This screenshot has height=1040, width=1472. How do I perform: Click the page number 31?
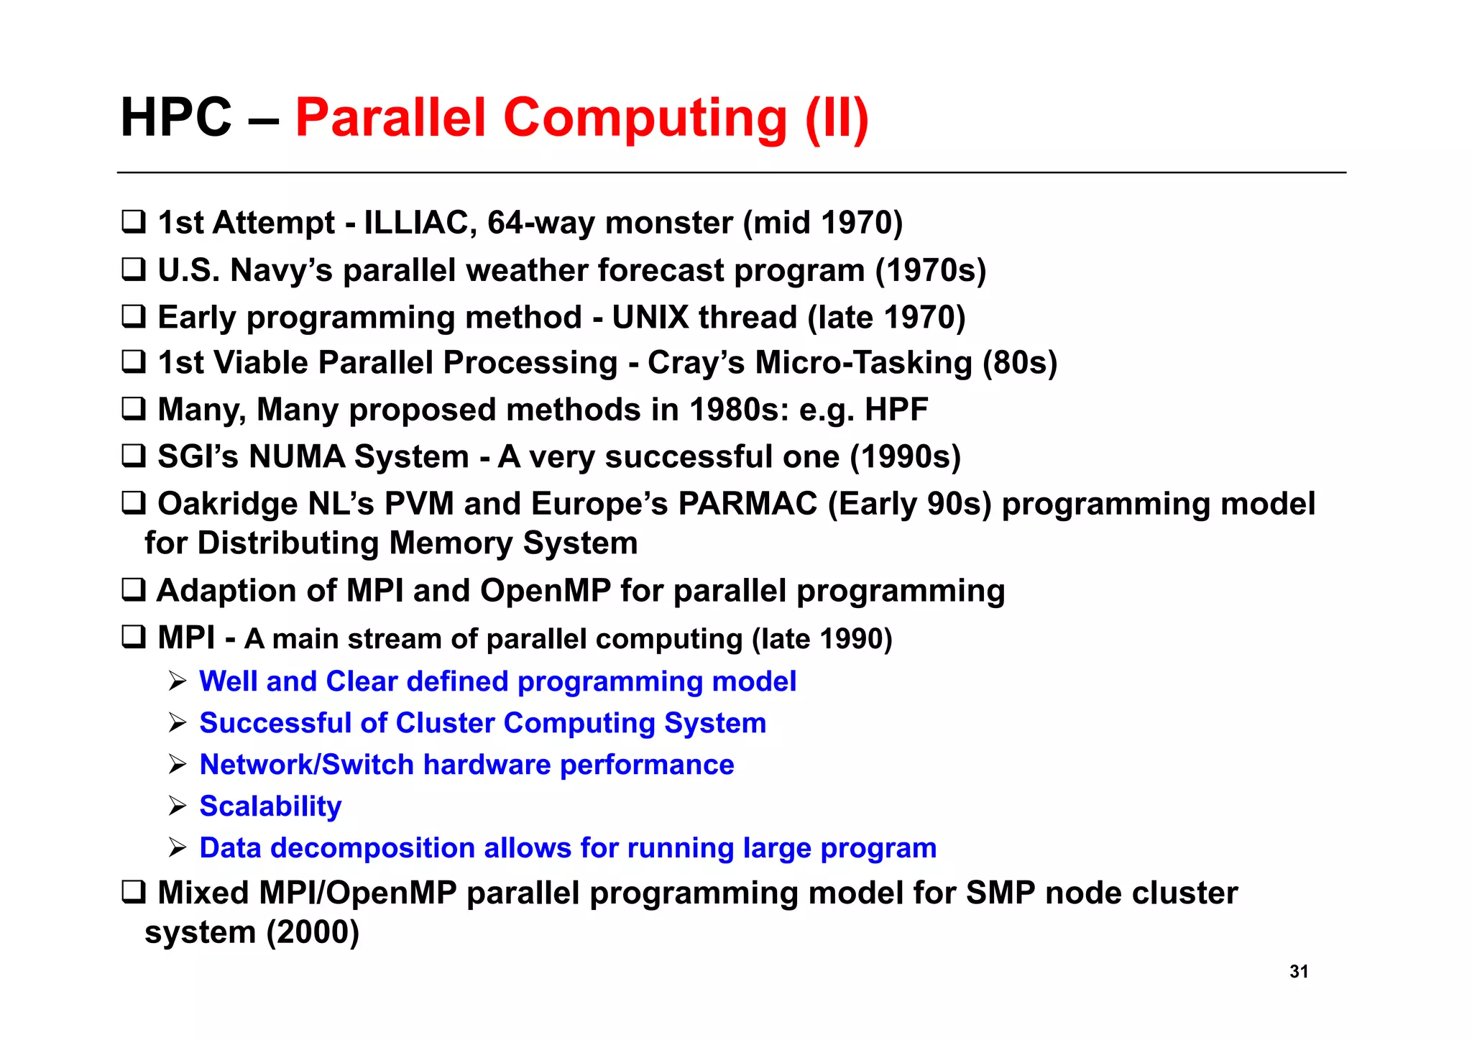click(1298, 971)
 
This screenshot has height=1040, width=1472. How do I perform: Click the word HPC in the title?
click(176, 118)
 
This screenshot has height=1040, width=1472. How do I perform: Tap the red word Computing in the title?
click(645, 118)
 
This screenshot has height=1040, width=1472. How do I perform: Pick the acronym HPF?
click(896, 410)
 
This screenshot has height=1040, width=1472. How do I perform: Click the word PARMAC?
click(747, 504)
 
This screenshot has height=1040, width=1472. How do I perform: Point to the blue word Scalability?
click(270, 806)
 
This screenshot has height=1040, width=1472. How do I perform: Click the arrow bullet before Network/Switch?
click(178, 764)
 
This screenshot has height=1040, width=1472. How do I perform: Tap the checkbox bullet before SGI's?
click(134, 456)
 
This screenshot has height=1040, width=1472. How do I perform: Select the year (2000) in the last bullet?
click(313, 932)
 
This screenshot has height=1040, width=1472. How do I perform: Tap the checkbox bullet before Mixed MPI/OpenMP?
click(134, 892)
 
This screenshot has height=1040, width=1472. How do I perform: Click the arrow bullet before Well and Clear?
click(178, 681)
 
